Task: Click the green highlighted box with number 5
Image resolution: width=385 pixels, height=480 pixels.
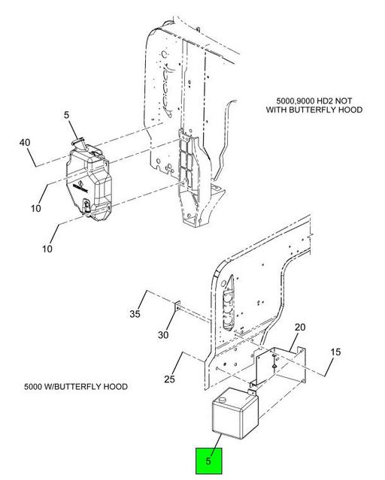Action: pyautogui.click(x=209, y=460)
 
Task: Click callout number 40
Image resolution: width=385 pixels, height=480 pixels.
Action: pyautogui.click(x=25, y=143)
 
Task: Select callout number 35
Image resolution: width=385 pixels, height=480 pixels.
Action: pyautogui.click(x=135, y=314)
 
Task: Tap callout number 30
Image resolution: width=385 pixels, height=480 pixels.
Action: pyautogui.click(x=163, y=335)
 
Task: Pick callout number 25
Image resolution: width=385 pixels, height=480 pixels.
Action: pyautogui.click(x=169, y=379)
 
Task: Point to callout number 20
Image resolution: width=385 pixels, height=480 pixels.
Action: pyautogui.click(x=300, y=328)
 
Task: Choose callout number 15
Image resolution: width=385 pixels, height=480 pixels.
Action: pyautogui.click(x=335, y=352)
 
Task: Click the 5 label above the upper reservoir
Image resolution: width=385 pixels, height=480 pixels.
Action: pyautogui.click(x=66, y=115)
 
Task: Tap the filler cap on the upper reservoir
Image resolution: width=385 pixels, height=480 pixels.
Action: pyautogui.click(x=79, y=141)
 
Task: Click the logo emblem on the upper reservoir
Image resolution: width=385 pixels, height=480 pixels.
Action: pyautogui.click(x=80, y=186)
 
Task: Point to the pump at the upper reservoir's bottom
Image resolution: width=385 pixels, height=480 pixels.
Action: pyautogui.click(x=86, y=207)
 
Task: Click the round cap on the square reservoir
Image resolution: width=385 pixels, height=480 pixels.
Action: pyautogui.click(x=221, y=400)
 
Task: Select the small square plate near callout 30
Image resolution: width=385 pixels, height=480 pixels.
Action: pyautogui.click(x=177, y=306)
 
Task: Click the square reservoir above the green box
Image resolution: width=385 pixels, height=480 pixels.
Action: pyautogui.click(x=235, y=413)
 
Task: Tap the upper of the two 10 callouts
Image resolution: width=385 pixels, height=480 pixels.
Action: pyautogui.click(x=36, y=209)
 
